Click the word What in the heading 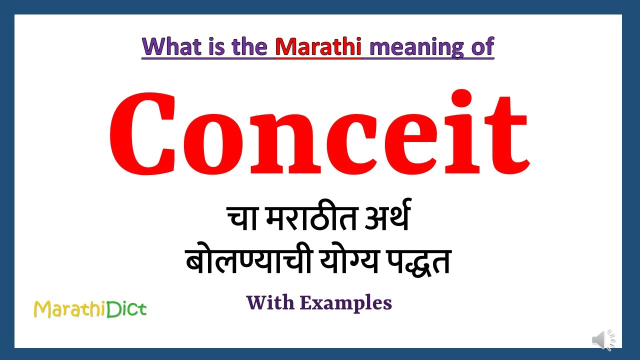click(x=170, y=46)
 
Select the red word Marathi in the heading click(x=318, y=46)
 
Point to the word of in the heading click(x=482, y=46)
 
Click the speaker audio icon click(x=603, y=340)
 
